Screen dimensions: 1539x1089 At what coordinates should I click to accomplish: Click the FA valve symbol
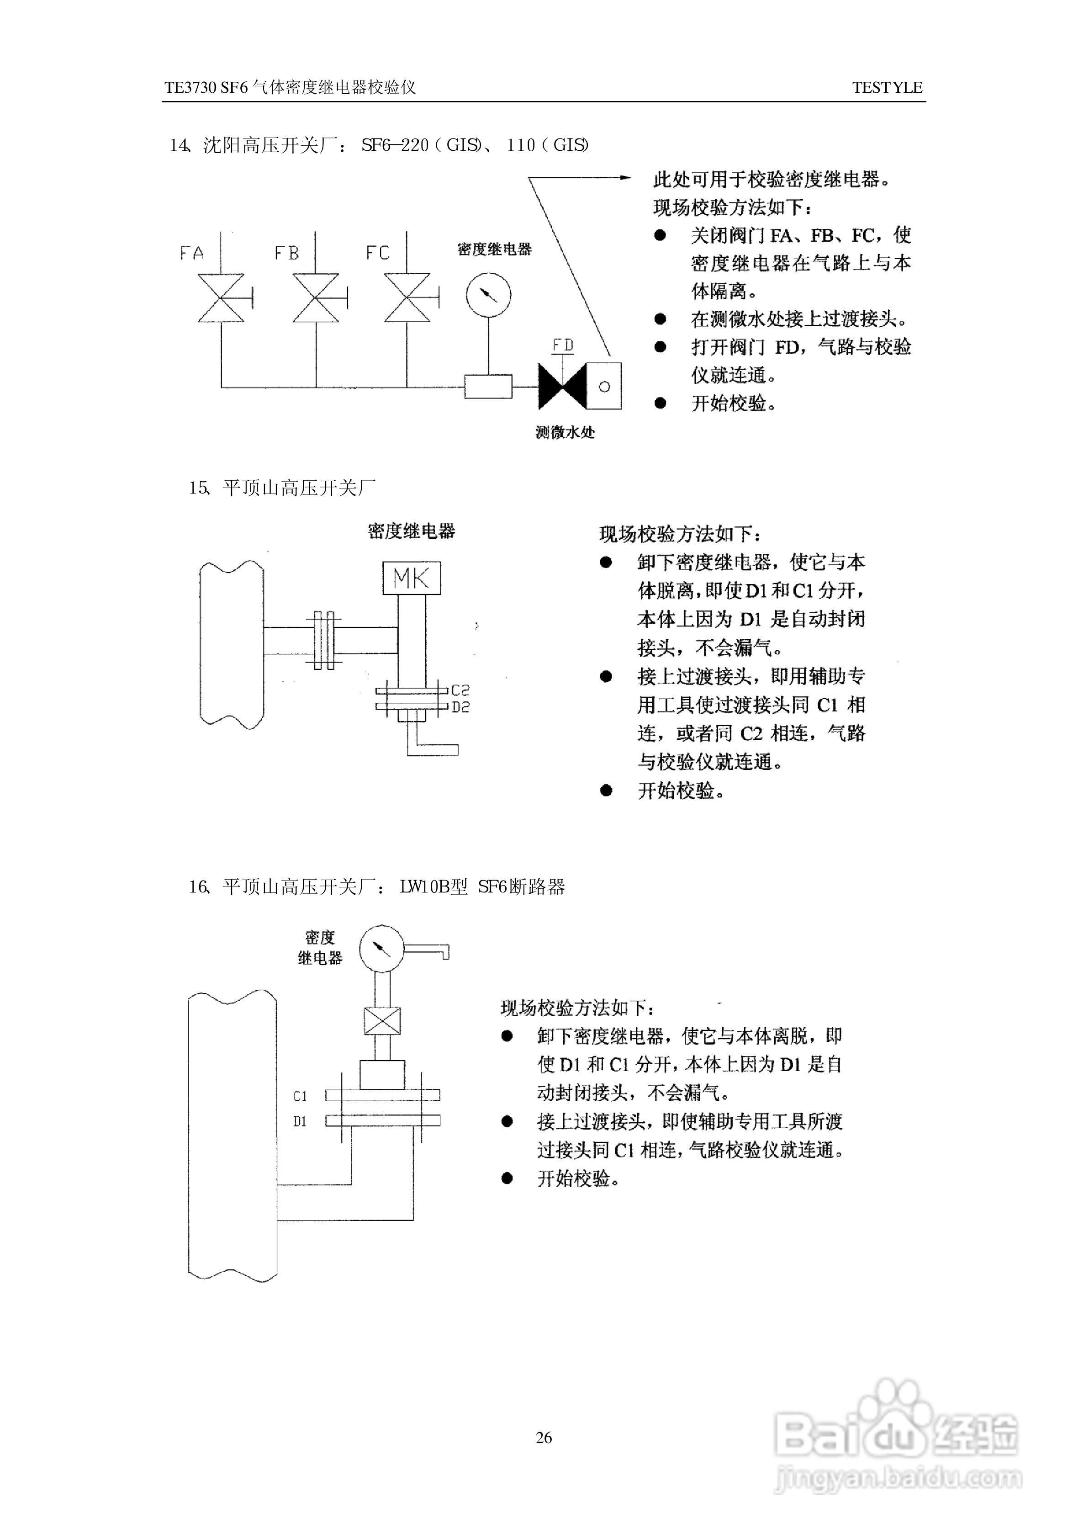pos(221,298)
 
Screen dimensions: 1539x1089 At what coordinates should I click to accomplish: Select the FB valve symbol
pos(316,298)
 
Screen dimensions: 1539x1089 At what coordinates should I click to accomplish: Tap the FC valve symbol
pos(407,298)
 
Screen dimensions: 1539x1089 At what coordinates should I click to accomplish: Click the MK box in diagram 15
pos(411,578)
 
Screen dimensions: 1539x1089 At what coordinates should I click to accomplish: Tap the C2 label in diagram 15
pos(461,690)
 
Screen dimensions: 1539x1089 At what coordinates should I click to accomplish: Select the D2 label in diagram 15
pos(461,707)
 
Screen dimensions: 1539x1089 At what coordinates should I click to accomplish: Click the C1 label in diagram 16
pos(300,1096)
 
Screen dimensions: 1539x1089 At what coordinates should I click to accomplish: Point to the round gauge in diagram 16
pos(381,948)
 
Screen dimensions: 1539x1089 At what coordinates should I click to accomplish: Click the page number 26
pos(544,1438)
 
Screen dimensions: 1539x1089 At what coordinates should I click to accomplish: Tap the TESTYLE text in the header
pos(887,87)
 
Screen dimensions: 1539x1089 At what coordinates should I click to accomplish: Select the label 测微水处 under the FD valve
pos(565,433)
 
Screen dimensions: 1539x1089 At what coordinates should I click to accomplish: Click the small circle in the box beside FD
pos(604,387)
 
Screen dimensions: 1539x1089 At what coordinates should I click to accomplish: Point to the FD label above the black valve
pos(563,345)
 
